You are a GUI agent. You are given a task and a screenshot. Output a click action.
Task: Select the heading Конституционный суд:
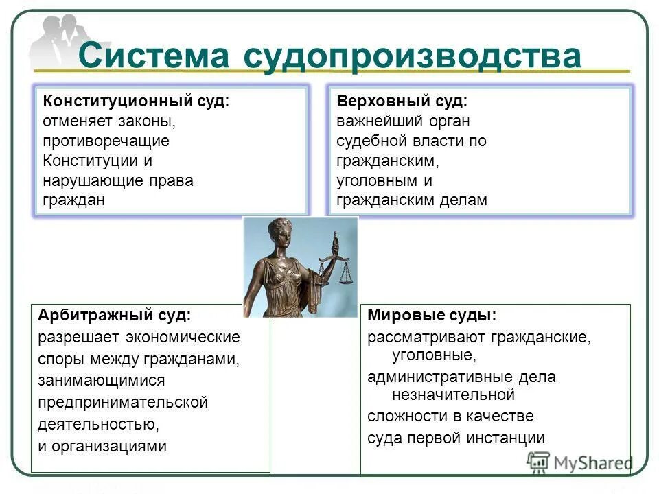coord(136,102)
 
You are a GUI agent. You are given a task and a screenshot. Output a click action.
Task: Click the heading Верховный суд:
coord(402,102)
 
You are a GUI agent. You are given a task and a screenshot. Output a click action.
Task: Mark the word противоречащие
coord(106,141)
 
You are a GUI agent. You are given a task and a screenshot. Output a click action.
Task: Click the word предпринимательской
coord(123,402)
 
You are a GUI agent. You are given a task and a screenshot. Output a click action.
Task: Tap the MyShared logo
coord(580,462)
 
